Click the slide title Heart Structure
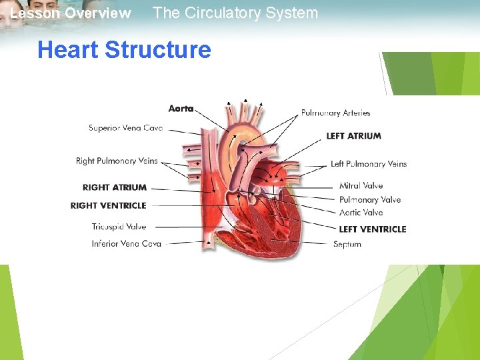click(124, 50)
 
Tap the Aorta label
click(181, 109)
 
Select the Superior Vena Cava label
click(125, 128)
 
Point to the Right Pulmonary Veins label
click(117, 161)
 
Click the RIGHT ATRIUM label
click(115, 187)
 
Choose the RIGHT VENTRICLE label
click(108, 205)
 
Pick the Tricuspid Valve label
click(119, 227)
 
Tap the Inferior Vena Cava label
click(127, 244)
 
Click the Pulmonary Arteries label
click(335, 113)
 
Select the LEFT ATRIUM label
click(353, 136)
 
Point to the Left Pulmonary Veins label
click(368, 164)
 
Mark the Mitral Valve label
click(361, 186)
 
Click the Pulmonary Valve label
click(370, 199)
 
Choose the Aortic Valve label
click(361, 213)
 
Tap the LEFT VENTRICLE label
click(372, 229)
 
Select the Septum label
click(347, 244)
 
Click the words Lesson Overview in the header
click(71, 13)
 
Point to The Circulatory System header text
click(235, 13)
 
